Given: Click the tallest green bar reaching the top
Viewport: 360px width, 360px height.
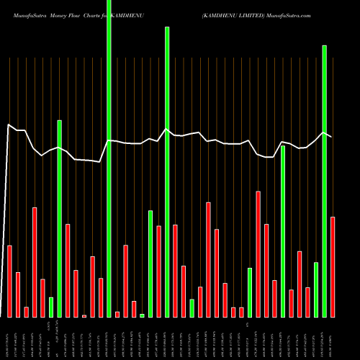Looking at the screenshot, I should coord(109,158).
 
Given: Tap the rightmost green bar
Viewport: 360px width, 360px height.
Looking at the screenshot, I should coord(324,181).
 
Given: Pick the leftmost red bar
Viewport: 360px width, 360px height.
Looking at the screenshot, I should coord(10,281).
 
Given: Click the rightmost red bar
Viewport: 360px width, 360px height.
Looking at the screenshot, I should coord(333,266).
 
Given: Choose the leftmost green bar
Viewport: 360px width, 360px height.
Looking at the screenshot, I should coord(51,307).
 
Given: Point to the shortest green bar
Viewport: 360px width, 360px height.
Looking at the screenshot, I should coord(142,315).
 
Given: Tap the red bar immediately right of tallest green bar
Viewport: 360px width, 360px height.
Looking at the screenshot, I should coord(117,314).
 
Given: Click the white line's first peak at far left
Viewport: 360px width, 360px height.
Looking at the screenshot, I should coord(9,125).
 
